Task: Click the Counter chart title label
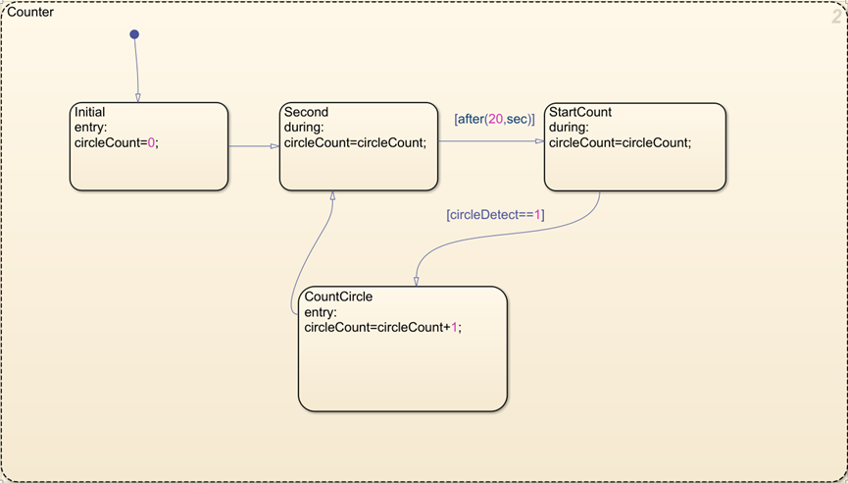(30, 13)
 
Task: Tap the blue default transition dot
(134, 34)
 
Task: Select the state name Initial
(89, 113)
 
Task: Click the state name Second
(306, 113)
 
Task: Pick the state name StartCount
(580, 112)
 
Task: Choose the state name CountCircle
(339, 296)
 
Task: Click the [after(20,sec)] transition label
(493, 119)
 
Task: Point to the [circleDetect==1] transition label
(495, 214)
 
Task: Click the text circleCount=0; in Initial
(116, 142)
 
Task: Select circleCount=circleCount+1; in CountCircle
(382, 328)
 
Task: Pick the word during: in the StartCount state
(569, 128)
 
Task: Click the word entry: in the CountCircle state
(321, 312)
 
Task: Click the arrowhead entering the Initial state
(137, 97)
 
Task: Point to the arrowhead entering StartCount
(539, 141)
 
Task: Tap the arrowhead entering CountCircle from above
(416, 281)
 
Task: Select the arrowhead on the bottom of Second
(332, 195)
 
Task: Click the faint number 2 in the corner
(836, 15)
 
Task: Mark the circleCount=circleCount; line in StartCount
(621, 142)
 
